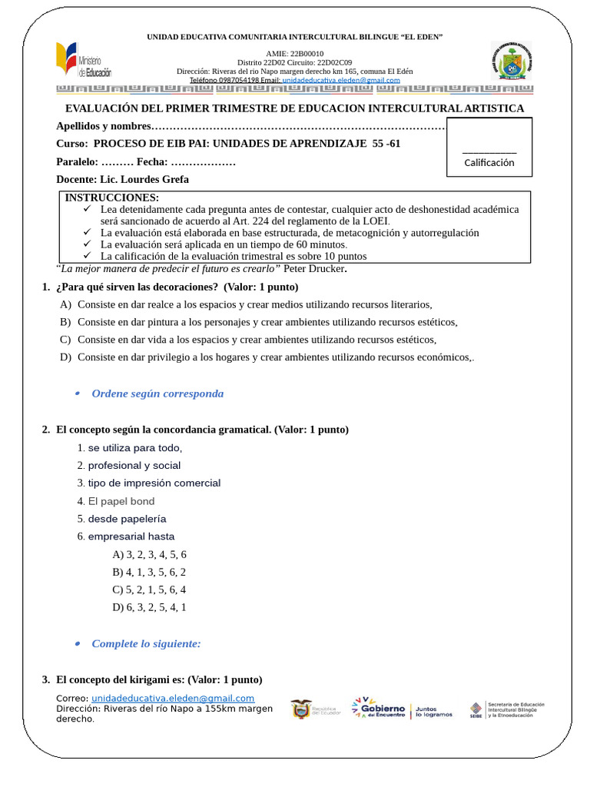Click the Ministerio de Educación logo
coord(84,62)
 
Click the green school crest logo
coord(511,61)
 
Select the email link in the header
coord(341,80)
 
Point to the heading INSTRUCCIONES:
coord(112,198)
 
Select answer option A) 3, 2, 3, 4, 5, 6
coord(149,554)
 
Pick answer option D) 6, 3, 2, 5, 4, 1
coord(149,607)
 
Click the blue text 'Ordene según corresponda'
coord(157,393)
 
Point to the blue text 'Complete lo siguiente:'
coord(146,643)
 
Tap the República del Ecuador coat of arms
coord(302,709)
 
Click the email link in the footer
coord(173,698)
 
